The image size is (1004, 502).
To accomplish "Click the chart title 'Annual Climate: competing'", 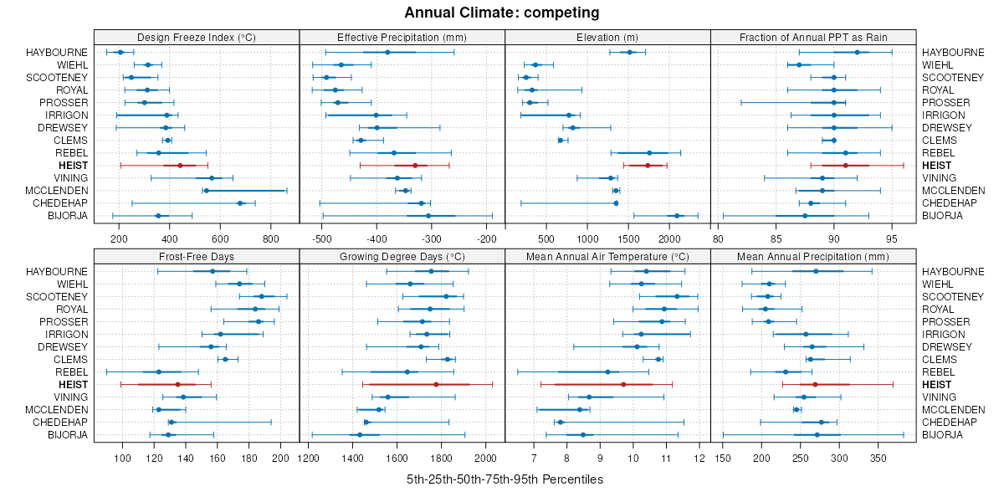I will (501, 13).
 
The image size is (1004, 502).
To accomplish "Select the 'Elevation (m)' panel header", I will (607, 37).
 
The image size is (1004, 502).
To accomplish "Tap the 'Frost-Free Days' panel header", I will (196, 256).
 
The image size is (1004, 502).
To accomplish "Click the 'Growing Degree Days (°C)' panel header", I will (402, 256).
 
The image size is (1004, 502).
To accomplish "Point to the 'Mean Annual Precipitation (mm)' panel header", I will (813, 256).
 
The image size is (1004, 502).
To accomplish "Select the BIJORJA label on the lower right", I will (942, 435).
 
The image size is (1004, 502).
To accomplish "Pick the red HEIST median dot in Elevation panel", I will (648, 166).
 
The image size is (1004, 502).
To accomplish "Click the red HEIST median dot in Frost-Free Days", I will (177, 385).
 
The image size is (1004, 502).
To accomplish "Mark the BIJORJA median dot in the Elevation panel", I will (677, 216).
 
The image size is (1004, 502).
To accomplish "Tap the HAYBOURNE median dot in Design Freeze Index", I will (120, 53).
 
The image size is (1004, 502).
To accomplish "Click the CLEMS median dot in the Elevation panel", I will (560, 141).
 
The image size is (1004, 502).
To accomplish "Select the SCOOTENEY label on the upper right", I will (953, 78).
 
